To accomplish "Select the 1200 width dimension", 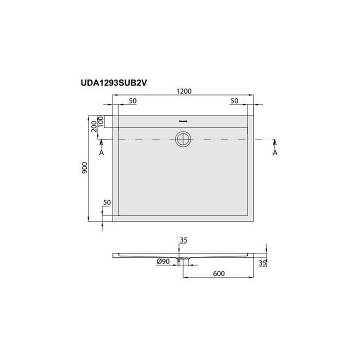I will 183,92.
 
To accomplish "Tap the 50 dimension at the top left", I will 133,101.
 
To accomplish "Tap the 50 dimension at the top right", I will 234,101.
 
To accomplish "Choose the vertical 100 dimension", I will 100,121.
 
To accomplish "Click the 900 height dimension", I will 85,168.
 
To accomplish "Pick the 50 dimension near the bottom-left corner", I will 106,202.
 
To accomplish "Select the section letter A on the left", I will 102,153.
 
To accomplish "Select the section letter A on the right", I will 274,153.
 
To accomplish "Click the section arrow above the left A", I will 102,144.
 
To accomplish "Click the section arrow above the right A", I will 274,144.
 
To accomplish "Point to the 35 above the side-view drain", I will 183,240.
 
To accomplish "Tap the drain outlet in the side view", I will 183,259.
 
